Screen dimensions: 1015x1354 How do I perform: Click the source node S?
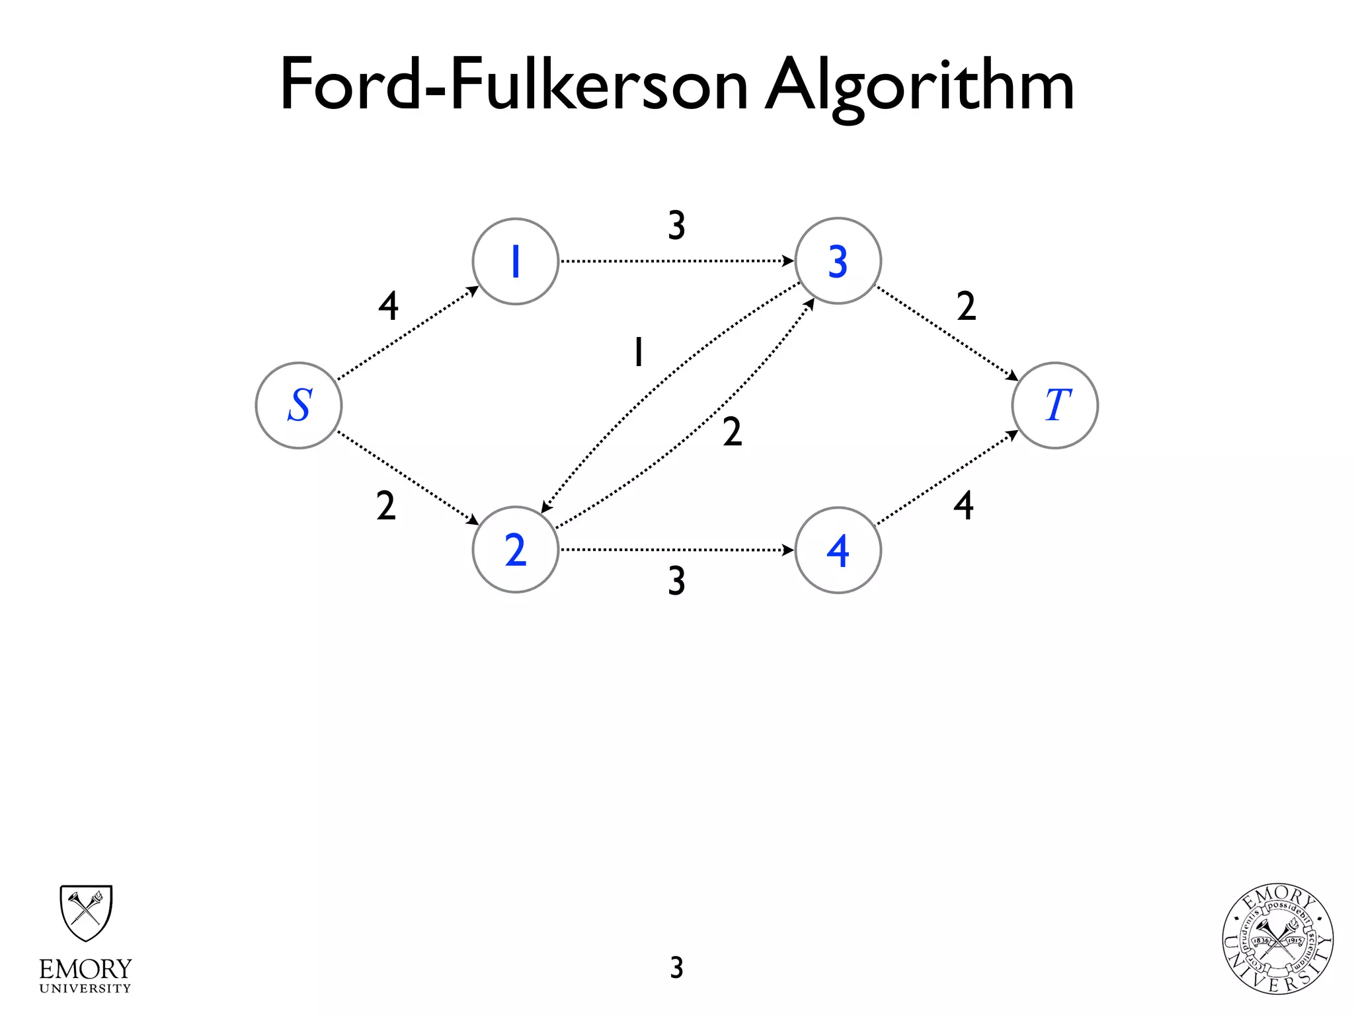click(x=299, y=405)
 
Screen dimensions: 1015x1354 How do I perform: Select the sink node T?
click(x=1055, y=405)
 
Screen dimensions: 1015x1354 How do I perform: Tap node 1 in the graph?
click(x=516, y=261)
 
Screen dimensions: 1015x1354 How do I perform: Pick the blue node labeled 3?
click(x=838, y=261)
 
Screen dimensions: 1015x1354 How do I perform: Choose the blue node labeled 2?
click(x=516, y=550)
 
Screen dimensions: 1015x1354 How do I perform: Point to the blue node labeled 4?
click(x=838, y=550)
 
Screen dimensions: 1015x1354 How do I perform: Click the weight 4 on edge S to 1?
click(x=389, y=306)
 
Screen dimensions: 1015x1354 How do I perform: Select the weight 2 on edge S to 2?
click(x=386, y=506)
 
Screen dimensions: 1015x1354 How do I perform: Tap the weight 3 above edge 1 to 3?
click(x=676, y=225)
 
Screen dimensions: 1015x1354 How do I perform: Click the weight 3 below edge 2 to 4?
click(x=676, y=581)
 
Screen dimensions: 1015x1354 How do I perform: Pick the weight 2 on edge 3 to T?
click(x=966, y=306)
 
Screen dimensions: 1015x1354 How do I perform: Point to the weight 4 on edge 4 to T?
click(x=963, y=506)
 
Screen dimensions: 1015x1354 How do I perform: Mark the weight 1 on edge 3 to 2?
click(x=638, y=352)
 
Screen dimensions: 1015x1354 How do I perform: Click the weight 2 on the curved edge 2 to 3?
click(x=732, y=432)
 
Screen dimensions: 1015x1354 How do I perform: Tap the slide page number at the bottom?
click(x=676, y=967)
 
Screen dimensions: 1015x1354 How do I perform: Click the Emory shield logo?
click(x=86, y=913)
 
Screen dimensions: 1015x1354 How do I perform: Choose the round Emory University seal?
click(x=1277, y=939)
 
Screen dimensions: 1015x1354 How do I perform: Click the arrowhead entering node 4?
click(x=788, y=550)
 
